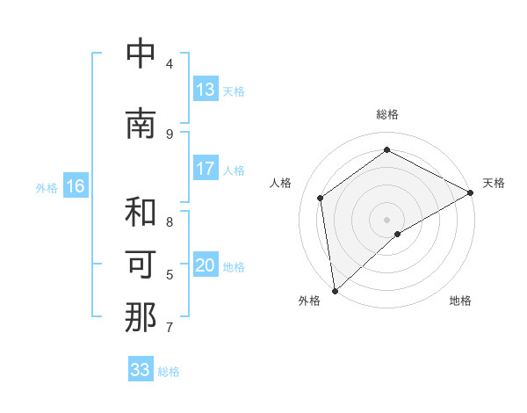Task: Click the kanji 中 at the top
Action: point(141,54)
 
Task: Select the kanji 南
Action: point(141,124)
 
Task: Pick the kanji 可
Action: point(141,264)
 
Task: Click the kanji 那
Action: point(141,317)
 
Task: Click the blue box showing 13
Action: point(206,90)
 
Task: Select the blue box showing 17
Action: point(206,169)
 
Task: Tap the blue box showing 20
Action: point(206,265)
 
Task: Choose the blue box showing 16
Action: point(75,186)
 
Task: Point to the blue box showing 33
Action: point(141,370)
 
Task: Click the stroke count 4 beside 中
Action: point(169,63)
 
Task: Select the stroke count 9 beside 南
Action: point(169,134)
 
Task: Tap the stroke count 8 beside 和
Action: point(169,221)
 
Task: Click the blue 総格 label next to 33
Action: point(169,372)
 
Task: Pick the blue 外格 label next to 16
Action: point(47,187)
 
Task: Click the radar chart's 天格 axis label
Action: point(494,183)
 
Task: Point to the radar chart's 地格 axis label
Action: point(460,301)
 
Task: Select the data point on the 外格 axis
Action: point(334,291)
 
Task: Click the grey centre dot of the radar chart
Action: point(386,219)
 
